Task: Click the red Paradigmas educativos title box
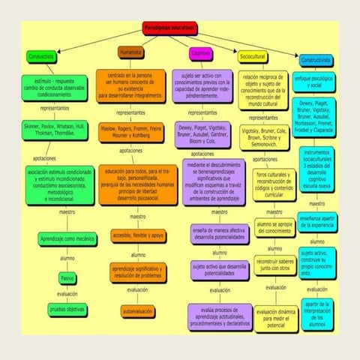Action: [169, 28]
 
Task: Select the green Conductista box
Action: [41, 55]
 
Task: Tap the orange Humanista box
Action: [130, 53]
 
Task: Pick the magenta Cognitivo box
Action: [200, 54]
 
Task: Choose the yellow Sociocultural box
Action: [252, 57]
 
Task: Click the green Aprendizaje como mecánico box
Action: [67, 238]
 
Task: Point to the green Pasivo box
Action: [67, 277]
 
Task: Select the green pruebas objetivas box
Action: [67, 308]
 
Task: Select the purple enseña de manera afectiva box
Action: [218, 232]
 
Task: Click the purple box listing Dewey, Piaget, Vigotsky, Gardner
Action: [204, 133]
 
